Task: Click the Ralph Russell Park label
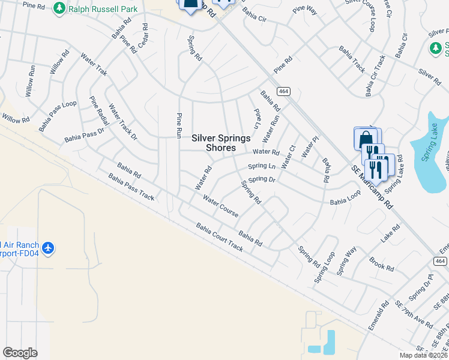click(x=103, y=9)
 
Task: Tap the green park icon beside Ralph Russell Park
click(x=59, y=8)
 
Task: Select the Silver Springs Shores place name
click(x=221, y=143)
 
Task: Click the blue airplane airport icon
click(x=49, y=247)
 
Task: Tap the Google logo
click(x=20, y=353)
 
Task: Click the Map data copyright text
click(x=424, y=355)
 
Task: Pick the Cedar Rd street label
click(x=143, y=37)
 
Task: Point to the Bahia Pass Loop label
click(x=58, y=116)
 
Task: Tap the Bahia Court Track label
click(x=220, y=237)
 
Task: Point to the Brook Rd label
click(x=381, y=264)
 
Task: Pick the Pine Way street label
click(x=305, y=10)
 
